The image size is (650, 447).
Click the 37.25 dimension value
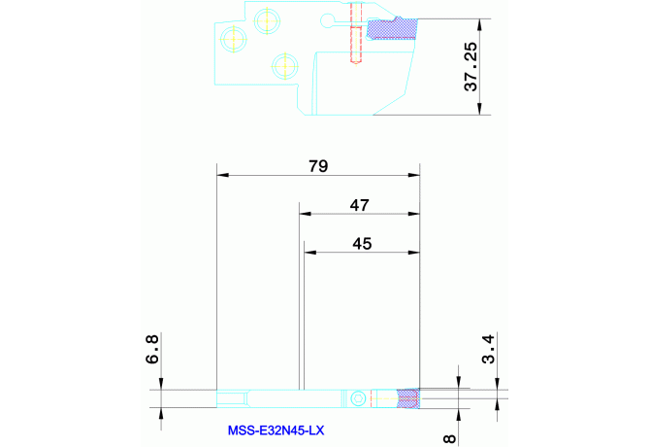pos(471,66)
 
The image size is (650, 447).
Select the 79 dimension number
pos(318,166)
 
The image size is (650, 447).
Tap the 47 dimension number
pos(359,205)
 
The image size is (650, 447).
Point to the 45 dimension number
pos(362,244)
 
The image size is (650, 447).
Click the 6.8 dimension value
pos(152,350)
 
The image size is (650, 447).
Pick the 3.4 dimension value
pos(489,350)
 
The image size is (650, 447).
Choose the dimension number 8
pos(450,438)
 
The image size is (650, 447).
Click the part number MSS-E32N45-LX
pos(276,430)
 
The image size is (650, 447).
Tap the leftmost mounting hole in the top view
pos(234,39)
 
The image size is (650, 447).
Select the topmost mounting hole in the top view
pos(267,20)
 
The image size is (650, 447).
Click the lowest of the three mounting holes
pos(285,66)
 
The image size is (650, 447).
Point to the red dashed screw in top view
pos(356,33)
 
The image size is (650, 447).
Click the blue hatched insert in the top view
pos(392,29)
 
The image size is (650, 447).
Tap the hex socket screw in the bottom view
pos(358,398)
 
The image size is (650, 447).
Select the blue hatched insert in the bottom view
pos(407,398)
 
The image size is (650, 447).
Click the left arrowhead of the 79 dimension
pos(223,175)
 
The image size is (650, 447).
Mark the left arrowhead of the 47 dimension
pos(305,214)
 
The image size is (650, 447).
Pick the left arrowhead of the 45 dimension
pos(310,252)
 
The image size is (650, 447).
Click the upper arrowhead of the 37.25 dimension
pos(479,25)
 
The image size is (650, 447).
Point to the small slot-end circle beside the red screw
pos(328,19)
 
